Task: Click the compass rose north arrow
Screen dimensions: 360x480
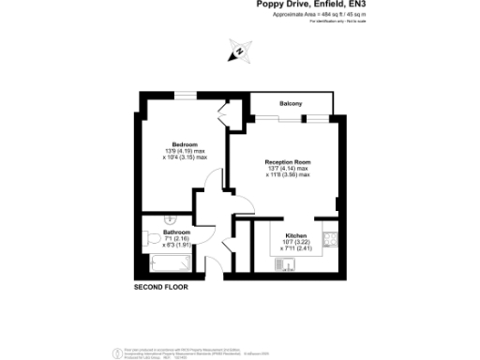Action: (239, 52)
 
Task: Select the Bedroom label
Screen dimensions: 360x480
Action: (185, 143)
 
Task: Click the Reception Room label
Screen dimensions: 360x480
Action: (288, 161)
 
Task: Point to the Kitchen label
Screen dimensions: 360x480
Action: (296, 234)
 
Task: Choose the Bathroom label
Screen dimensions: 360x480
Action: (177, 232)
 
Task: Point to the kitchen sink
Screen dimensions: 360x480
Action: (286, 264)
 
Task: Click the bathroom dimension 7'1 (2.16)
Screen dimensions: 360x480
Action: (177, 239)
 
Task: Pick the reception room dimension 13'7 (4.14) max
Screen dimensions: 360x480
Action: (288, 169)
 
